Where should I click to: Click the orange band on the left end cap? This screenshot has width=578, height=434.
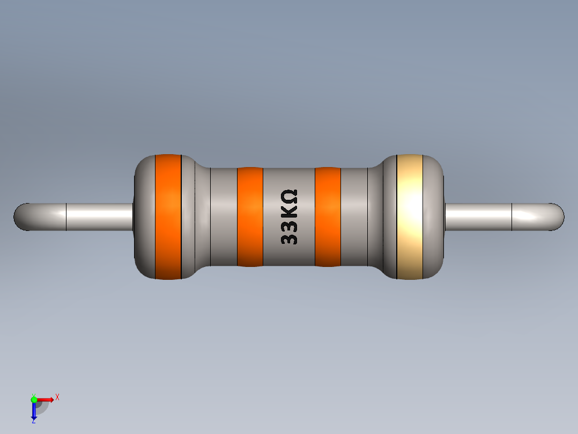[x=168, y=216]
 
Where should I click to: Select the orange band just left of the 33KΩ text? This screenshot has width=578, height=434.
[x=250, y=216]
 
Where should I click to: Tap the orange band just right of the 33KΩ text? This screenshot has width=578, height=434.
[x=328, y=216]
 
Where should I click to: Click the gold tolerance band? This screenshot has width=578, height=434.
[x=410, y=216]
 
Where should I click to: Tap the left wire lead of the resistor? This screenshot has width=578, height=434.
[x=97, y=216]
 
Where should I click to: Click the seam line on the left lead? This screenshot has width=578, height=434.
[x=66, y=217]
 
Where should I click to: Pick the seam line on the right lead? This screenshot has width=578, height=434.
[x=512, y=217]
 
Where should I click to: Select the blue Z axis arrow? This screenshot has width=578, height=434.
[x=34, y=411]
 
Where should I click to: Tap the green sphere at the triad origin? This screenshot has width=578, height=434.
[x=34, y=399]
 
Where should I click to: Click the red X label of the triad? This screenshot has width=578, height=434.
[x=57, y=397]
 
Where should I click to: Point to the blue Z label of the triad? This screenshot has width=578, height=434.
[x=33, y=421]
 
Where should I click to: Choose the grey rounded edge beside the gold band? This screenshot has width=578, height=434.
[x=434, y=216]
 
